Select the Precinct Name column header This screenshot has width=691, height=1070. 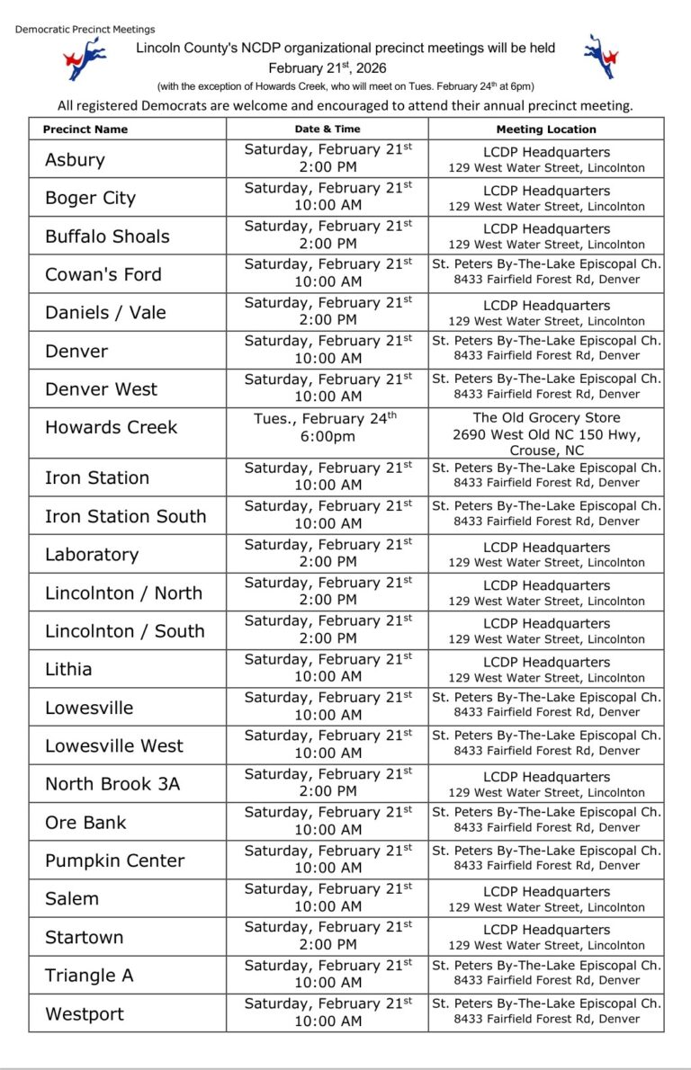coord(85,129)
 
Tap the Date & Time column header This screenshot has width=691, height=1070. coord(328,129)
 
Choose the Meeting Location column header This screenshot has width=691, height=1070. coord(546,129)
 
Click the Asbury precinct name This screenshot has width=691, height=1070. coord(75,160)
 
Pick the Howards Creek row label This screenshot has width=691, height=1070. coord(112,427)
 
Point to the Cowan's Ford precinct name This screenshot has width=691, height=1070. coord(103,274)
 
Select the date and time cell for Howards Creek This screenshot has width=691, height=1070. coord(328,427)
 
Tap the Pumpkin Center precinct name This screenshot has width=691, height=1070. coord(114,860)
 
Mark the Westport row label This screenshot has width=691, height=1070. coord(85,1014)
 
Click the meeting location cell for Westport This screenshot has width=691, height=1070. coord(546,1011)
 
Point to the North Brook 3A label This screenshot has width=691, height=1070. coord(112,784)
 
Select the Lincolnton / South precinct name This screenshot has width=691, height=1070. coord(124,631)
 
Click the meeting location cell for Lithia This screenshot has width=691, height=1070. coord(546,669)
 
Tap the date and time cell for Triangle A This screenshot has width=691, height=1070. coord(328,973)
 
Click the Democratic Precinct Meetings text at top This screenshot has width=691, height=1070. coord(85,30)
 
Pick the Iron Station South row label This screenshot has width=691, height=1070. coord(125,516)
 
